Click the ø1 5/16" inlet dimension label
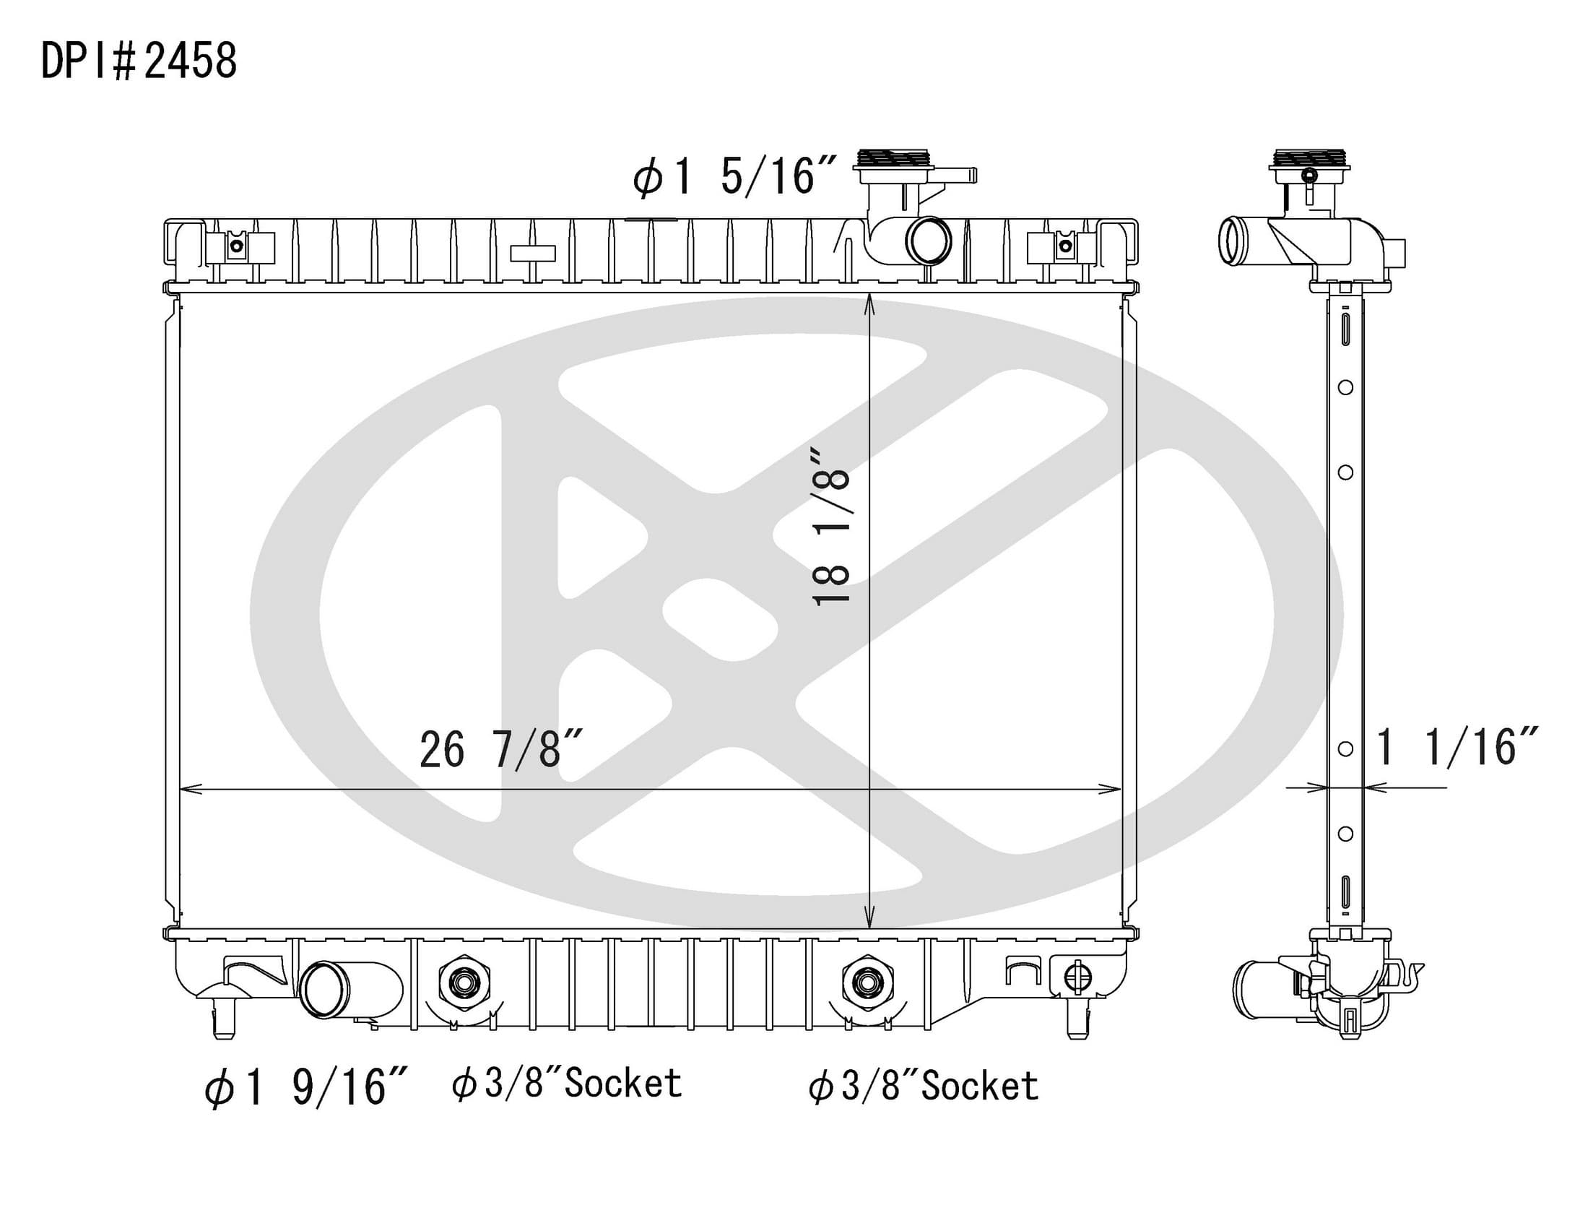coord(734,177)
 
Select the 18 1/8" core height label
coord(830,527)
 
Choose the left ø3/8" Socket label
coord(567,1084)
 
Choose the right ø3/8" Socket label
coord(923,1086)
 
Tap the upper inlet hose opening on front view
coord(929,240)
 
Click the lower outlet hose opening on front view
coord(324,990)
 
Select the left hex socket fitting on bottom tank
coord(464,983)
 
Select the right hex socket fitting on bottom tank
coord(867,983)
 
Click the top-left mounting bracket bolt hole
coord(236,246)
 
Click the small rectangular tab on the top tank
coord(532,253)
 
